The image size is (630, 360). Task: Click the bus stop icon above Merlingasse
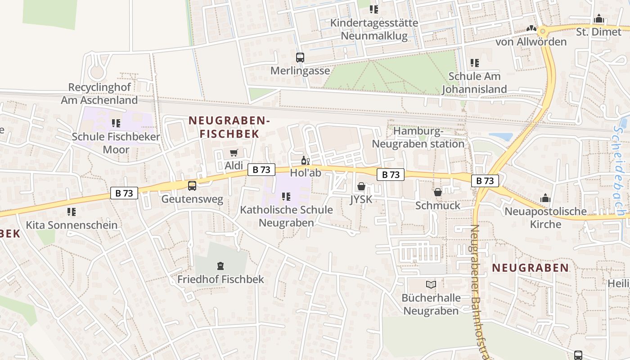pyautogui.click(x=300, y=58)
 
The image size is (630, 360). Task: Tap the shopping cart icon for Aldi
pyautogui.click(x=234, y=153)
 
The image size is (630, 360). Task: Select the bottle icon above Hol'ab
pyautogui.click(x=306, y=160)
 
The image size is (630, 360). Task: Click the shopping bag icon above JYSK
pyautogui.click(x=361, y=186)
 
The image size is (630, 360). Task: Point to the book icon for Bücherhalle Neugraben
pyautogui.click(x=431, y=284)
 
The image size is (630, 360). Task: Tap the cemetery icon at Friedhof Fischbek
pyautogui.click(x=220, y=266)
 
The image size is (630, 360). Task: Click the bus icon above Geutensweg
pyautogui.click(x=192, y=185)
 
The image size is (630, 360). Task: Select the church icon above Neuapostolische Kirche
pyautogui.click(x=545, y=198)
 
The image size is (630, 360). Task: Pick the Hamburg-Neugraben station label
pyautogui.click(x=418, y=138)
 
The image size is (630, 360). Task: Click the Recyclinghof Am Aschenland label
pyautogui.click(x=99, y=94)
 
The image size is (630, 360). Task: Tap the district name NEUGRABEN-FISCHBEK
pyautogui.click(x=229, y=127)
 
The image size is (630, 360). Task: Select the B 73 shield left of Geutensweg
pyautogui.click(x=124, y=193)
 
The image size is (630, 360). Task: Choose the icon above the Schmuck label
pyautogui.click(x=438, y=192)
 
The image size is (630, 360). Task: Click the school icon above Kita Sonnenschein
pyautogui.click(x=72, y=211)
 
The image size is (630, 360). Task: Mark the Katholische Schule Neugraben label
pyautogui.click(x=286, y=216)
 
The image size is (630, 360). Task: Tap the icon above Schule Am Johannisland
pyautogui.click(x=474, y=63)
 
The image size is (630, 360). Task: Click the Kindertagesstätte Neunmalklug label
pyautogui.click(x=374, y=29)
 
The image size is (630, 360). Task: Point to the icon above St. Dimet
pyautogui.click(x=599, y=19)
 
